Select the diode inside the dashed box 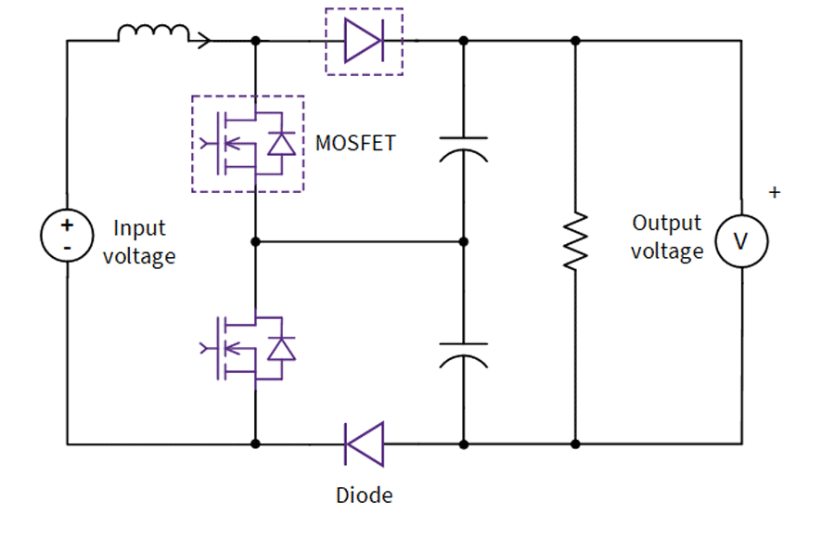[364, 42]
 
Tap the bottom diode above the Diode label [364, 444]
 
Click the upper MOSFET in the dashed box [247, 144]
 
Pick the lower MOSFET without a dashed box [247, 348]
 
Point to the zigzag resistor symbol [575, 240]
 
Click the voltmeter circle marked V [740, 240]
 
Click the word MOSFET [355, 144]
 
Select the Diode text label [364, 495]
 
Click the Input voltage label [139, 241]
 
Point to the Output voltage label [667, 237]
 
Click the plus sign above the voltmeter [775, 193]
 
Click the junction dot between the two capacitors [463, 241]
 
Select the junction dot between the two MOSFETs [254, 241]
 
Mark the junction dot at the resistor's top [575, 41]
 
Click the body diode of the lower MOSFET [281, 348]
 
